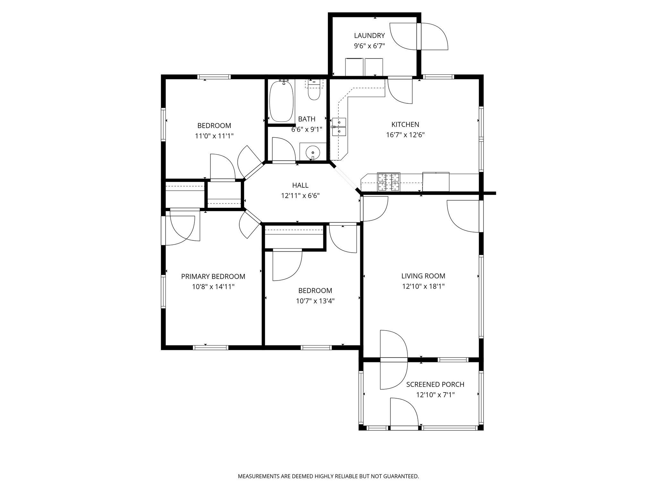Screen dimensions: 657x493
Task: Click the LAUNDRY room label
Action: pos(369,36)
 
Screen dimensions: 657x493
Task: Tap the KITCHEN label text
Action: pos(405,125)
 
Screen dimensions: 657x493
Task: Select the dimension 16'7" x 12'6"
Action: pos(405,135)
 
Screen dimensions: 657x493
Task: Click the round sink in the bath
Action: pos(312,151)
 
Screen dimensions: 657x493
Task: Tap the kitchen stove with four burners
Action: pos(389,182)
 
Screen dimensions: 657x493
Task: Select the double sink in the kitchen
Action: pos(339,127)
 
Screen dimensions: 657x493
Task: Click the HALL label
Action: pos(300,185)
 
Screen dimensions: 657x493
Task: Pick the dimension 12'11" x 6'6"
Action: pos(300,195)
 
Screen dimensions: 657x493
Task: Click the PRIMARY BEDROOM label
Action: pos(213,276)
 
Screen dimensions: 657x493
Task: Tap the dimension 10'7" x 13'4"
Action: pos(315,301)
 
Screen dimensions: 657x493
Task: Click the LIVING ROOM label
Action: pos(423,276)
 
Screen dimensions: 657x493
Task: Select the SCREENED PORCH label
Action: pos(435,385)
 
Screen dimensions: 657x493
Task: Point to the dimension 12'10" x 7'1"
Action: pos(435,395)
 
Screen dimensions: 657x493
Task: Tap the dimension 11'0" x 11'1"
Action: pos(214,136)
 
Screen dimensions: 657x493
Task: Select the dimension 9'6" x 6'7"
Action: pos(369,46)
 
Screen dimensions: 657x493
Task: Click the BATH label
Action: pos(307,119)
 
